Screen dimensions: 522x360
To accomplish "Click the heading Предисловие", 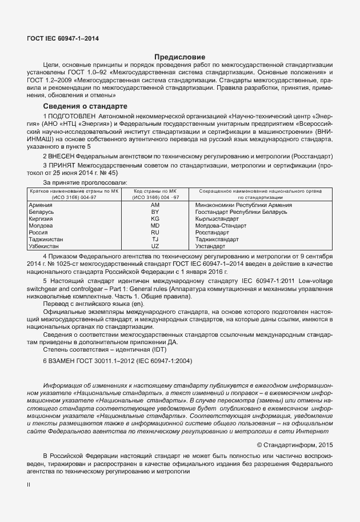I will [x=180, y=57].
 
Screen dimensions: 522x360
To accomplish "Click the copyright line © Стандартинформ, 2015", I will [x=294, y=444].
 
